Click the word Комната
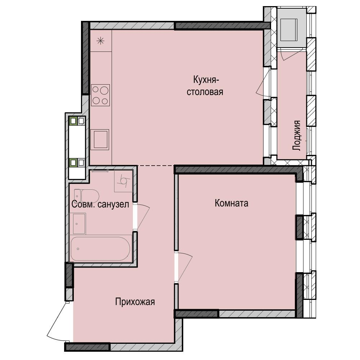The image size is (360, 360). (x=231, y=203)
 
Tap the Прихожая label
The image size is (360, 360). (x=135, y=302)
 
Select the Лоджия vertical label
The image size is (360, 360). (x=297, y=135)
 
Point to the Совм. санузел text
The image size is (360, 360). (x=100, y=204)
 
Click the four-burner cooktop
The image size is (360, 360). (x=100, y=95)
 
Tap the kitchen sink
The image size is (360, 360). (x=100, y=140)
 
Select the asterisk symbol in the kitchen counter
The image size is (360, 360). (x=100, y=41)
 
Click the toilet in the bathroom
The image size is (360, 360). (x=86, y=196)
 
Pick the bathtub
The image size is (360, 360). (x=100, y=249)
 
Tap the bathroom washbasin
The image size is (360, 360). (x=79, y=224)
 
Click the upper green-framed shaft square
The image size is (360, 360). (x=73, y=121)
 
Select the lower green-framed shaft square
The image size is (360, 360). (x=73, y=163)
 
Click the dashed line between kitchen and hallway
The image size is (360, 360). (x=156, y=166)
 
